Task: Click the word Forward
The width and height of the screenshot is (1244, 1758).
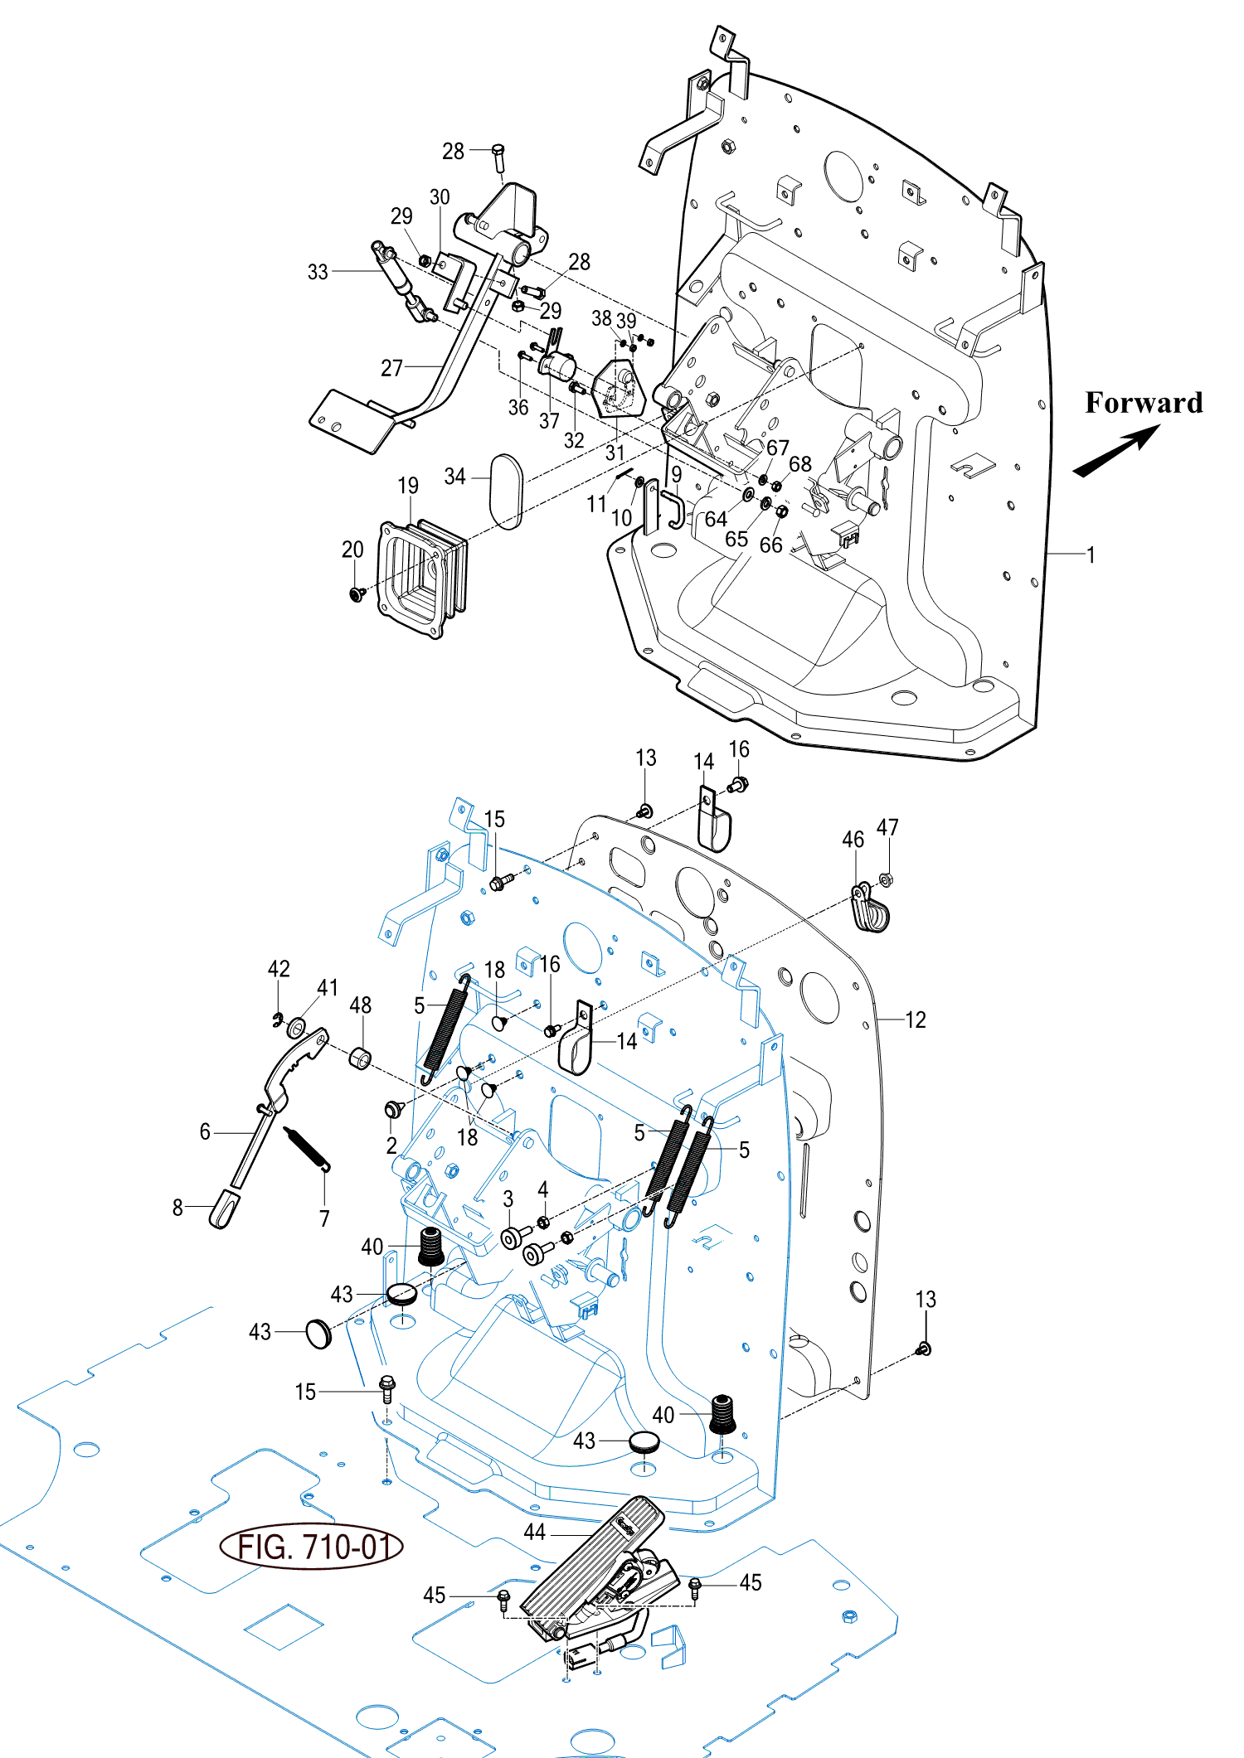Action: (1143, 403)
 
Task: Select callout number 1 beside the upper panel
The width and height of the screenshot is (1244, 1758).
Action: (1091, 555)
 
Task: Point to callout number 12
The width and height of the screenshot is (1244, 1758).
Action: (915, 1019)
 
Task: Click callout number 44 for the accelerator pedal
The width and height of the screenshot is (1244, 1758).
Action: (535, 1533)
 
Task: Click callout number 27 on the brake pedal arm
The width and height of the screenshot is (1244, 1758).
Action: (391, 368)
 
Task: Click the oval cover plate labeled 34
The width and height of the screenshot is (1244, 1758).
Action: (507, 491)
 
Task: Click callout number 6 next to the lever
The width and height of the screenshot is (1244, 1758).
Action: (205, 1132)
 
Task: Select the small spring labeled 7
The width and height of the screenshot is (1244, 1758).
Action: (307, 1147)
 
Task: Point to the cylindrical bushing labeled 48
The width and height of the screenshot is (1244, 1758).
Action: (360, 1058)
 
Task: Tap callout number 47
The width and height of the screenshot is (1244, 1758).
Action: (887, 827)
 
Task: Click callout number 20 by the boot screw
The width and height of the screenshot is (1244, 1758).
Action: (352, 550)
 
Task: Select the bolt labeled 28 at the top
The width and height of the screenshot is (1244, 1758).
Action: (498, 157)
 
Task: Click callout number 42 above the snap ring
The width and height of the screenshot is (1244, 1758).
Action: (279, 969)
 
